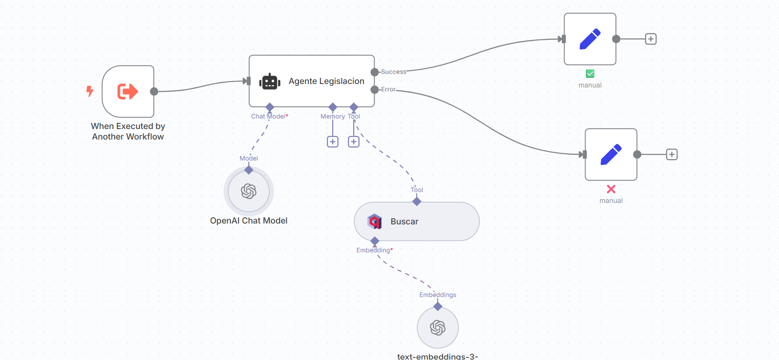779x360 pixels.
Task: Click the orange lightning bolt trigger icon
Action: pyautogui.click(x=90, y=91)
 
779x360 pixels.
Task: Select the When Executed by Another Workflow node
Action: pyautogui.click(x=128, y=91)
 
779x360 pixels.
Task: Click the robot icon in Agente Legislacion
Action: pyautogui.click(x=270, y=81)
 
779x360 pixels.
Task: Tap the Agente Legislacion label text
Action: pyautogui.click(x=326, y=81)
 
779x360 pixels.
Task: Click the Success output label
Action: pyautogui.click(x=393, y=72)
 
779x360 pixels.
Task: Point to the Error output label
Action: pyautogui.click(x=388, y=89)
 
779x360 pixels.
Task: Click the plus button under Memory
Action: pyautogui.click(x=333, y=142)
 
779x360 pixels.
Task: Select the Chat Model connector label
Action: pyautogui.click(x=269, y=116)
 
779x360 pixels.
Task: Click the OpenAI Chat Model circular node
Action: pyautogui.click(x=249, y=191)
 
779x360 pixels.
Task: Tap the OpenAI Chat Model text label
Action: pyautogui.click(x=249, y=221)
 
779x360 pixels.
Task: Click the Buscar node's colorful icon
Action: pyautogui.click(x=375, y=221)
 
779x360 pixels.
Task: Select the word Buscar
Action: pyautogui.click(x=404, y=222)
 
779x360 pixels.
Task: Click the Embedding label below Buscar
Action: pyautogui.click(x=373, y=250)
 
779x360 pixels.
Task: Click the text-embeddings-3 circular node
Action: pyautogui.click(x=438, y=328)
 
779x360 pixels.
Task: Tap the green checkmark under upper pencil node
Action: pyautogui.click(x=590, y=73)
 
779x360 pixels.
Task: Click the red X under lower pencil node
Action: pyautogui.click(x=611, y=189)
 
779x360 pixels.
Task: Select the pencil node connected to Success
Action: pyautogui.click(x=590, y=39)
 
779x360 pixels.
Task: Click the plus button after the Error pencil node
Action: pyautogui.click(x=672, y=154)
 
